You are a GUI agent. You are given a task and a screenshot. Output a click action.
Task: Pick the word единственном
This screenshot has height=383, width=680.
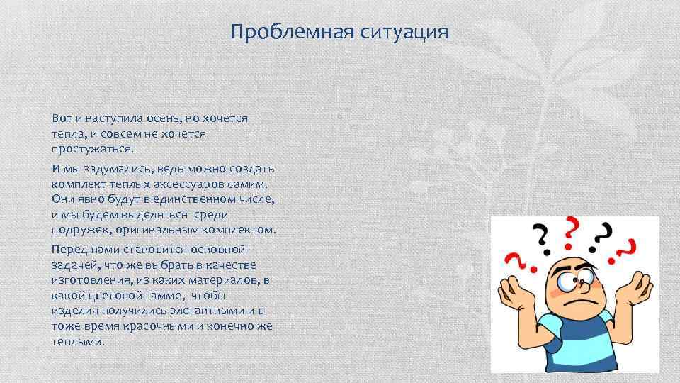(x=187, y=199)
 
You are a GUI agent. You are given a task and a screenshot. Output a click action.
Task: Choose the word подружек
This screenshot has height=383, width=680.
(x=79, y=231)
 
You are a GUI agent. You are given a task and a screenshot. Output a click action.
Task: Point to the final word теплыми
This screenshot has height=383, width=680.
(x=78, y=342)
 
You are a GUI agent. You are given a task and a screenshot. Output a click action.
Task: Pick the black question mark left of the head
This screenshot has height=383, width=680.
(x=542, y=238)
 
